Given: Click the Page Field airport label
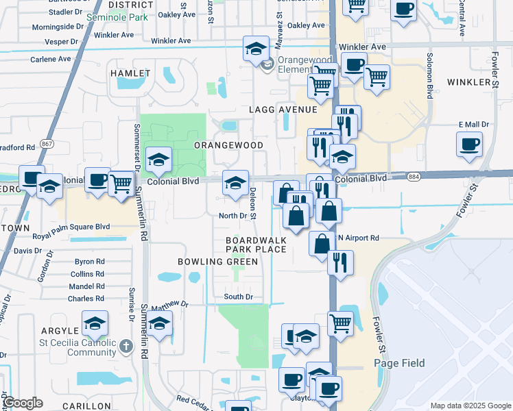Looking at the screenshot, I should point(399,363).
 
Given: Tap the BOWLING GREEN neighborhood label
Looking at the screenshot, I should point(208,262).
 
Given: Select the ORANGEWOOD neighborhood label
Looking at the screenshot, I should point(228,146).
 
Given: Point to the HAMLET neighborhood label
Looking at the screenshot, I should point(130,73).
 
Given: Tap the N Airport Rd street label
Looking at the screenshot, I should point(358,238).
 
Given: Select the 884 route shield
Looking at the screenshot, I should point(414,177).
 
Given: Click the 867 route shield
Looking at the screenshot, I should point(47,144).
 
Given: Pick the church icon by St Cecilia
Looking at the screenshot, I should point(126,347).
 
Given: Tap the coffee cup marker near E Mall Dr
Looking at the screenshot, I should point(469,144).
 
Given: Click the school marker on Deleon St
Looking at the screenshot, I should point(235,183).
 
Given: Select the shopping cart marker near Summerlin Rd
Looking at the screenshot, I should point(121,183).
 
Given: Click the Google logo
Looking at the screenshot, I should point(22,403).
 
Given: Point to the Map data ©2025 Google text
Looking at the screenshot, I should point(470,406).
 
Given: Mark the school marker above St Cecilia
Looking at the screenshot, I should point(95,323).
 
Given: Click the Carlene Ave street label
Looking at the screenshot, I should point(51,59).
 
